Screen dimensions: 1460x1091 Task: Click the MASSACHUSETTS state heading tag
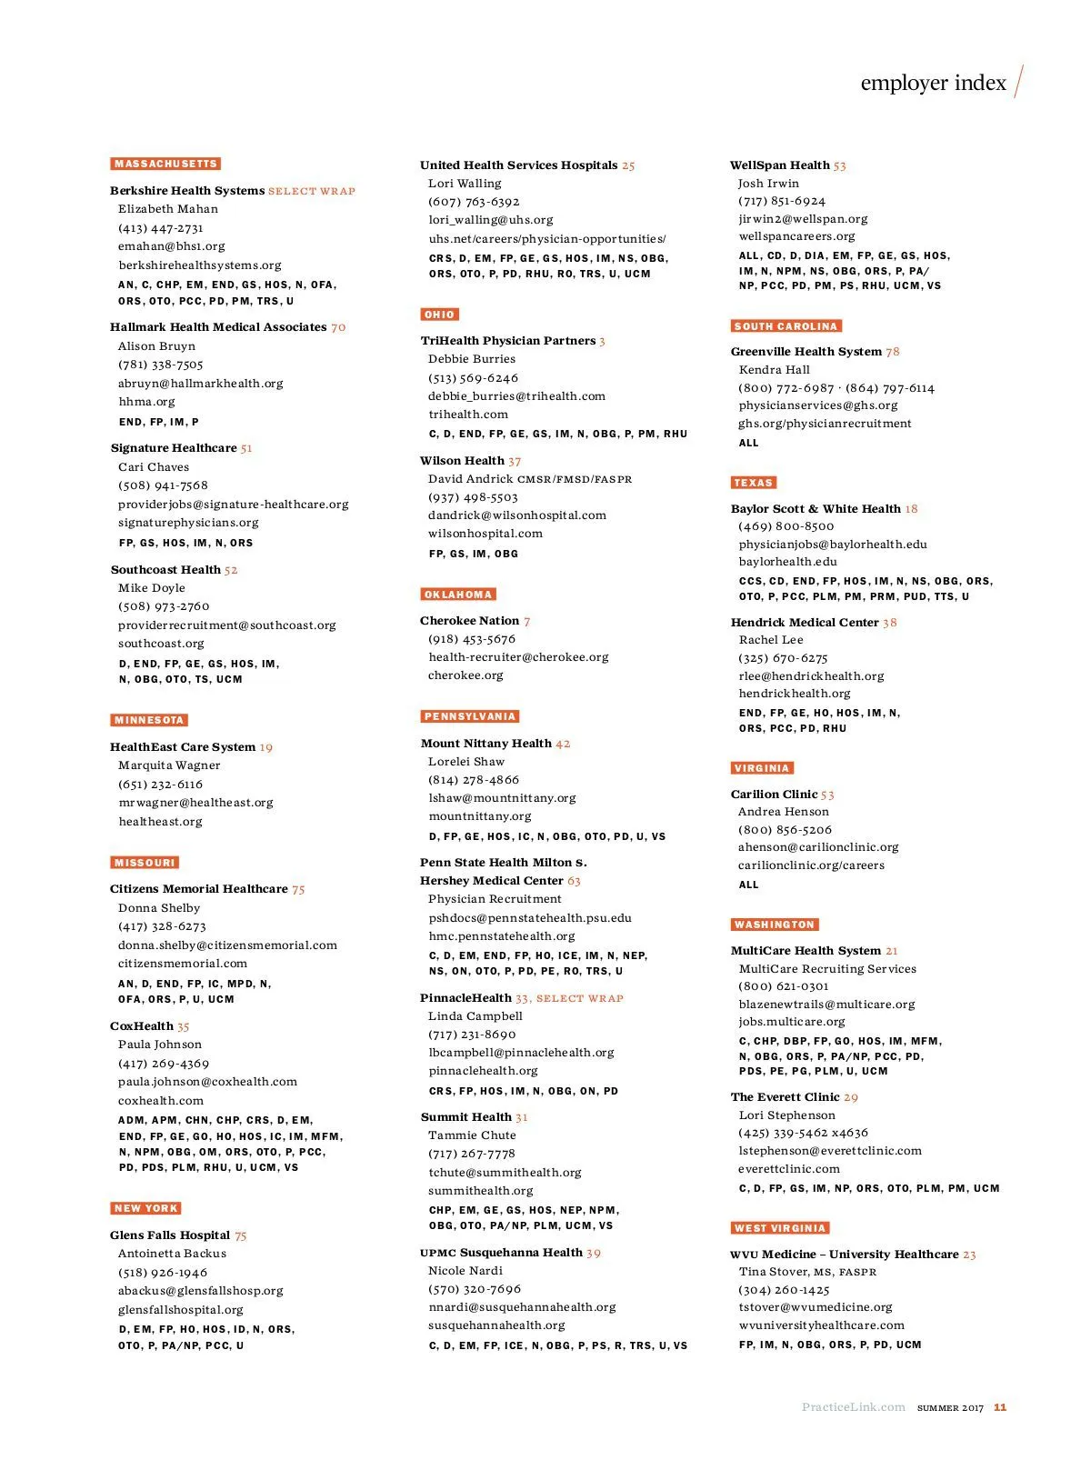pyautogui.click(x=165, y=164)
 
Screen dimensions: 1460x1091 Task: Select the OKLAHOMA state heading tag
pyautogui.click(x=458, y=595)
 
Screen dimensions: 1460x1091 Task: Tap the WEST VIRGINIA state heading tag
pyautogui.click(x=780, y=1228)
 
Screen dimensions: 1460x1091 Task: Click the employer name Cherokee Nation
pyautogui.click(x=469, y=621)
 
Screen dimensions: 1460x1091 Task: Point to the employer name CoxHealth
pyautogui.click(x=141, y=1026)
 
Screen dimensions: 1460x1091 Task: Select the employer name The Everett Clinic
pyautogui.click(x=785, y=1097)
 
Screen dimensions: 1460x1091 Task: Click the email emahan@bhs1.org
pyautogui.click(x=171, y=246)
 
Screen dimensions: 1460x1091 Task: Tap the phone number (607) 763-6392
pyautogui.click(x=474, y=202)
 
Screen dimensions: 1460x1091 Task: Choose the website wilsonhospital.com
pyautogui.click(x=485, y=534)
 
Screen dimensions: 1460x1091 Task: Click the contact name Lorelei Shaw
pyautogui.click(x=466, y=762)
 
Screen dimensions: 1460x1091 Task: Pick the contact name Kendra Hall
pyautogui.click(x=774, y=370)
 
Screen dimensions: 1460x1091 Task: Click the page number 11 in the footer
pyautogui.click(x=1000, y=1407)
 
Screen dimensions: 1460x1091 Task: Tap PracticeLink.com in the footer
pyautogui.click(x=853, y=1407)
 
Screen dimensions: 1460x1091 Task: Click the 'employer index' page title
pyautogui.click(x=933, y=83)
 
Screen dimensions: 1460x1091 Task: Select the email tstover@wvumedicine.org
pyautogui.click(x=816, y=1307)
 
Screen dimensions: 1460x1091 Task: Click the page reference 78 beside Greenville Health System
pyautogui.click(x=893, y=352)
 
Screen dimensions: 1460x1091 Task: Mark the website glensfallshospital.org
pyautogui.click(x=181, y=1310)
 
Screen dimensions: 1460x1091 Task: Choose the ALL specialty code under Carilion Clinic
pyautogui.click(x=748, y=885)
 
